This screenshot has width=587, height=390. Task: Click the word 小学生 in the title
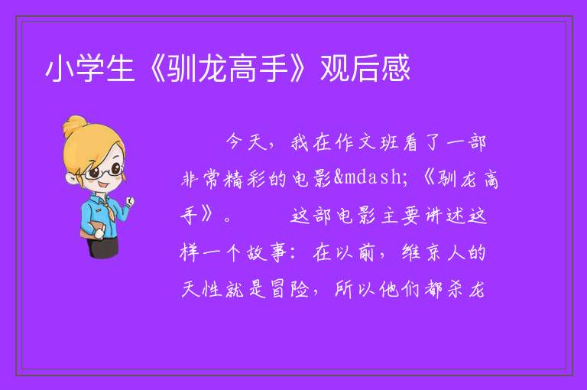click(90, 69)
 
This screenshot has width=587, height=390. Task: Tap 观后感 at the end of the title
click(365, 69)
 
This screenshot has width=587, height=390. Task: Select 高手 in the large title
click(258, 69)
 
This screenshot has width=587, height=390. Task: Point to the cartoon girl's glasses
click(104, 171)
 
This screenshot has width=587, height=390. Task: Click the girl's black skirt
click(102, 247)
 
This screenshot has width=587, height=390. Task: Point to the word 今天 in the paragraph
click(245, 142)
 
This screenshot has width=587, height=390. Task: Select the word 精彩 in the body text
click(245, 179)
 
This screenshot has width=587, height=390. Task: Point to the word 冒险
click(290, 289)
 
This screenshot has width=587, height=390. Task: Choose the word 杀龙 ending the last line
click(467, 289)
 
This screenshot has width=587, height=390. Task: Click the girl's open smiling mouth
click(102, 185)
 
